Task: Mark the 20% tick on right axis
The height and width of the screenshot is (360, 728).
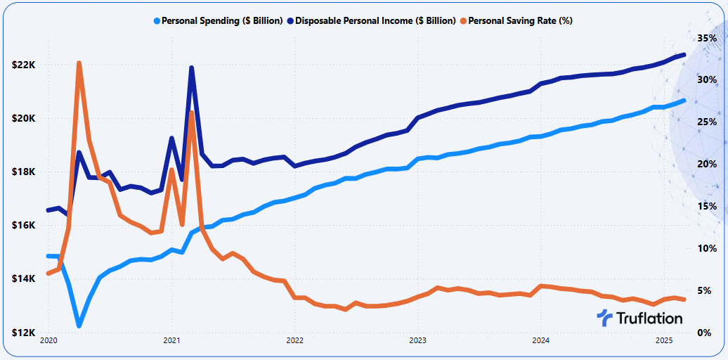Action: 707,164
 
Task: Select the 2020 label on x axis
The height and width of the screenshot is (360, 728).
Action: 48,341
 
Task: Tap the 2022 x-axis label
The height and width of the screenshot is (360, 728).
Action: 294,341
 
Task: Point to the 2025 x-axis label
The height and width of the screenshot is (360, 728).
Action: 663,341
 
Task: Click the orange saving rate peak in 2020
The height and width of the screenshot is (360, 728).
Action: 79,63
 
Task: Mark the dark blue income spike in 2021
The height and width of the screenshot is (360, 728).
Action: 191,68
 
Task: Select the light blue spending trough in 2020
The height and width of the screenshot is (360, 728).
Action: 79,325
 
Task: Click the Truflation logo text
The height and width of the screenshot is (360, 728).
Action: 649,319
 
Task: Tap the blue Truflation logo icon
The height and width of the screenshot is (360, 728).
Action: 604,318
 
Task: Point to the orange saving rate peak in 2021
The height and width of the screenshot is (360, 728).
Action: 191,113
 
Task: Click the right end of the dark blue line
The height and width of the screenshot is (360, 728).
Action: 684,54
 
